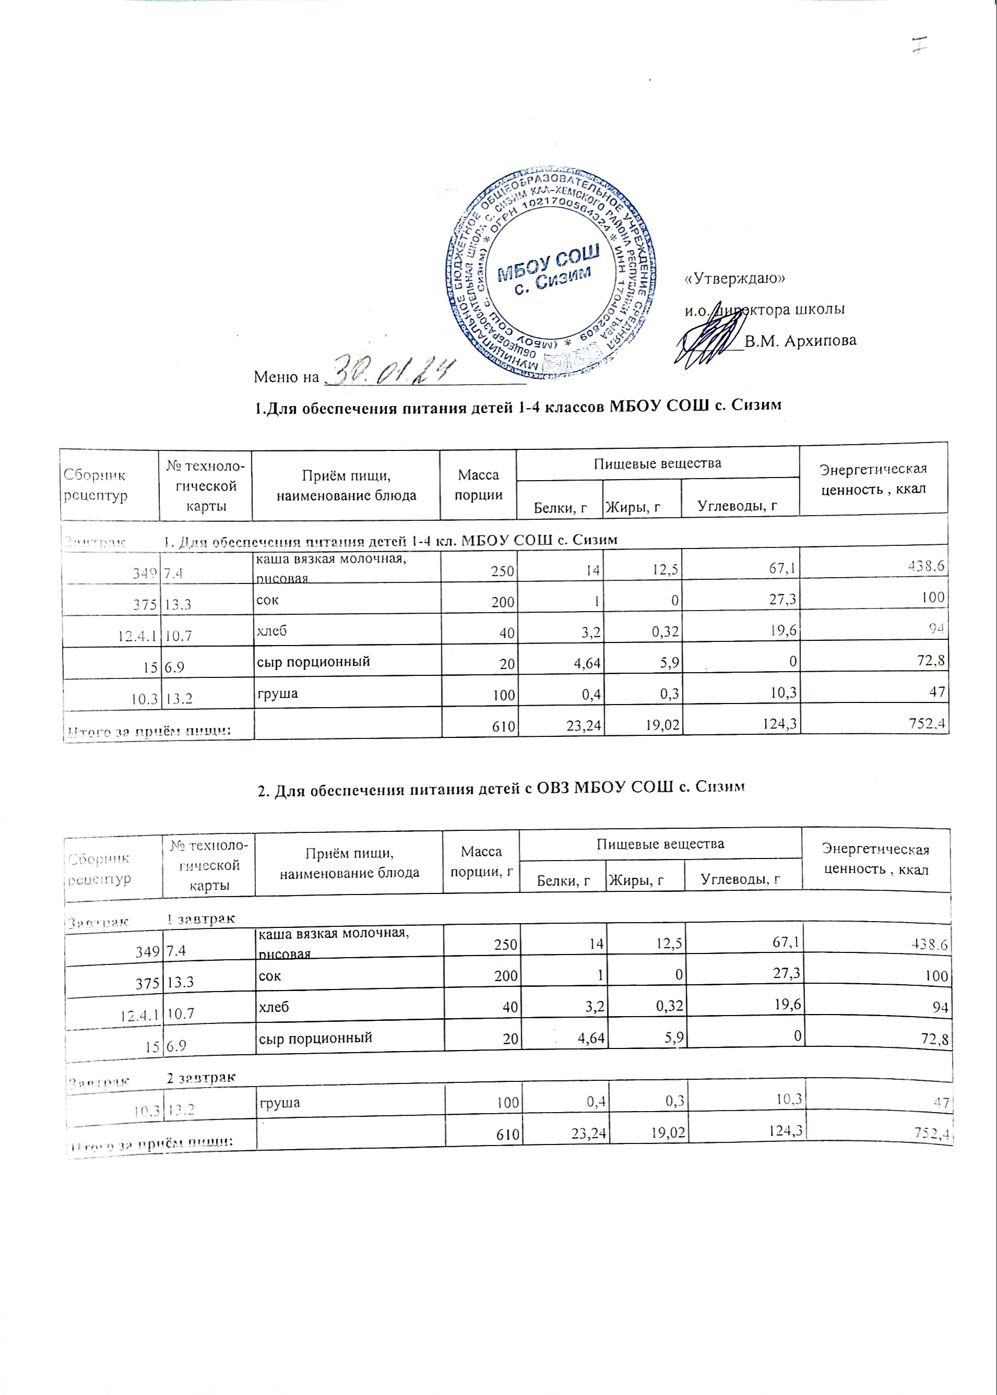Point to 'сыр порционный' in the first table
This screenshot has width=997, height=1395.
click(312, 662)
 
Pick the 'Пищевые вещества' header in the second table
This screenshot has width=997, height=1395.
click(660, 844)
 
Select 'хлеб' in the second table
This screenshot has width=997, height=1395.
click(272, 1007)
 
